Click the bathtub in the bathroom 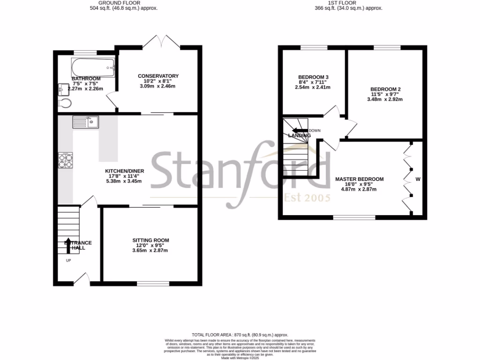click(93, 67)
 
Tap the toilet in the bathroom click(64, 103)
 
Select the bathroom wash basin click(63, 89)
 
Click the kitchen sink click(85, 122)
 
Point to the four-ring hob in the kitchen click(65, 160)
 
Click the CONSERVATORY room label click(158, 76)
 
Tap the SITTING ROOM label click(150, 240)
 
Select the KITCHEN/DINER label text click(124, 171)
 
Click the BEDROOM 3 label click(313, 77)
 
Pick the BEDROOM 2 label click(385, 89)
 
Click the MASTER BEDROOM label click(359, 179)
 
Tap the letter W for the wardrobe click(418, 179)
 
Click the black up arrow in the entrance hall click(68, 245)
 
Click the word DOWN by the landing click(315, 131)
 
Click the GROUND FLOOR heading click(124, 3)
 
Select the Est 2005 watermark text click(307, 197)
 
